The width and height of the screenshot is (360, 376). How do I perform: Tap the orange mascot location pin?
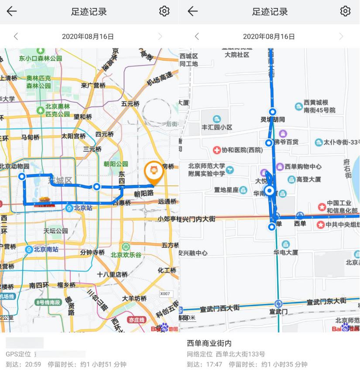click(154, 171)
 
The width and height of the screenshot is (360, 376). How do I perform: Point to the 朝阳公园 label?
click(116, 164)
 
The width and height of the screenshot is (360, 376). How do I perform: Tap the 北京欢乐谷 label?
click(126, 254)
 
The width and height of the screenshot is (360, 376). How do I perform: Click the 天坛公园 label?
click(56, 230)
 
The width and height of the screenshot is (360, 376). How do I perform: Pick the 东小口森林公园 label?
click(41, 58)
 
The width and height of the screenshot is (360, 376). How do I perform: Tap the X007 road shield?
click(165, 294)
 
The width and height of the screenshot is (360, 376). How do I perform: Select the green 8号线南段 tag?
click(48, 302)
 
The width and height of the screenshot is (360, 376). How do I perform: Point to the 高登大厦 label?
click(309, 179)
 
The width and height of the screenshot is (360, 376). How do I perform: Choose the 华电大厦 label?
click(286, 252)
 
